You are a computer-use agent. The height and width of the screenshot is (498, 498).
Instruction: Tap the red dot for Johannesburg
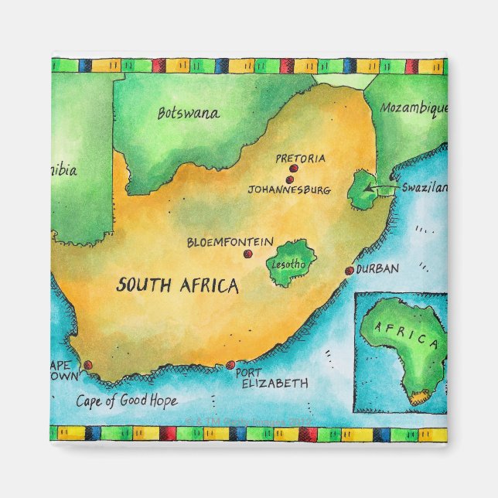tap(290, 179)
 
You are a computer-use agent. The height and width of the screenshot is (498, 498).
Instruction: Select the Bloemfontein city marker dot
tap(247, 254)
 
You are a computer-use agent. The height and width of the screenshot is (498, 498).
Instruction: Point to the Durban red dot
tap(350, 271)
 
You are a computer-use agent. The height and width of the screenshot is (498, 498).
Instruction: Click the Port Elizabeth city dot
tap(230, 365)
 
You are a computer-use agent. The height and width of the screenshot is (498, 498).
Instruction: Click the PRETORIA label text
tap(301, 159)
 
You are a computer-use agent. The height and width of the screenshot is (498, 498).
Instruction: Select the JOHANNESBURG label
tap(289, 189)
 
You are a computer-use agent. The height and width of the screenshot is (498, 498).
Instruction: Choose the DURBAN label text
tap(378, 269)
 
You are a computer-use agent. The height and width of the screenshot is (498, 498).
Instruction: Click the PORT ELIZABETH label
tap(272, 377)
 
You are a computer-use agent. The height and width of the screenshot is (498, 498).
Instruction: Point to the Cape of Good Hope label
tap(127, 401)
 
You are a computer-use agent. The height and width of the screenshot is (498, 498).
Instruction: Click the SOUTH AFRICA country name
tap(177, 285)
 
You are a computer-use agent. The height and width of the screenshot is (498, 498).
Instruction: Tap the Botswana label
tap(188, 113)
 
